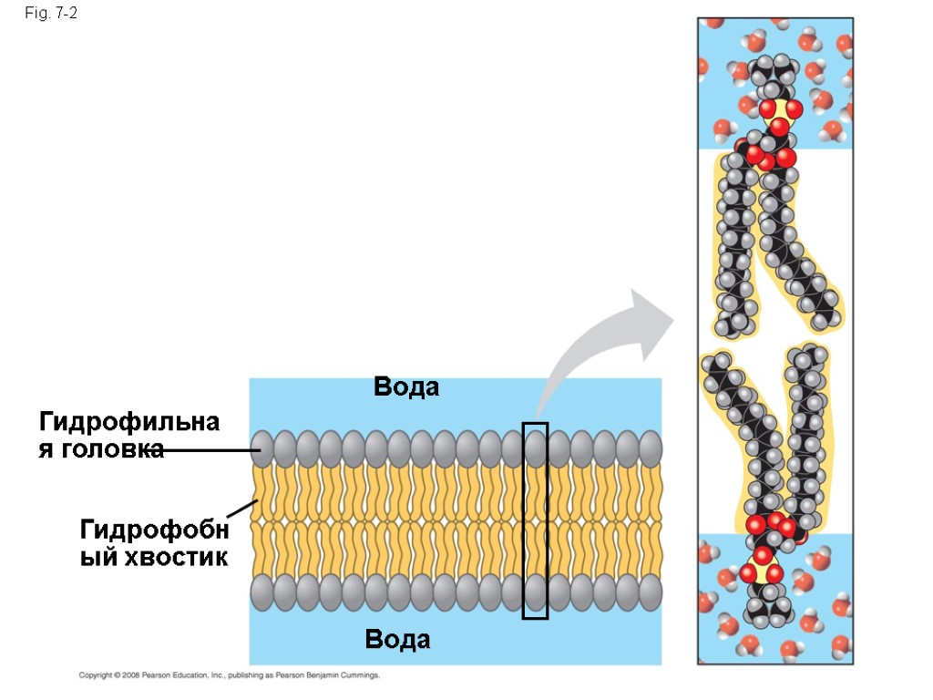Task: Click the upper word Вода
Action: [x=406, y=387]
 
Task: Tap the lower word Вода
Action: [x=397, y=640]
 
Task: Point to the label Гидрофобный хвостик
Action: [x=153, y=542]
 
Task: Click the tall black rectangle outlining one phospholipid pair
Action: [x=535, y=520]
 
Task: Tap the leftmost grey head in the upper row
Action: [x=262, y=448]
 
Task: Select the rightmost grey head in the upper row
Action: [x=650, y=448]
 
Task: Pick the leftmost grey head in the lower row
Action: [x=262, y=592]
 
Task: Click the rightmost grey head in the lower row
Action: [x=650, y=592]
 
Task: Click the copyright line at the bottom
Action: [x=229, y=675]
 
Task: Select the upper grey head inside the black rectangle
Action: [x=535, y=448]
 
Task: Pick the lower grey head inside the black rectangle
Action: [x=535, y=592]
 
